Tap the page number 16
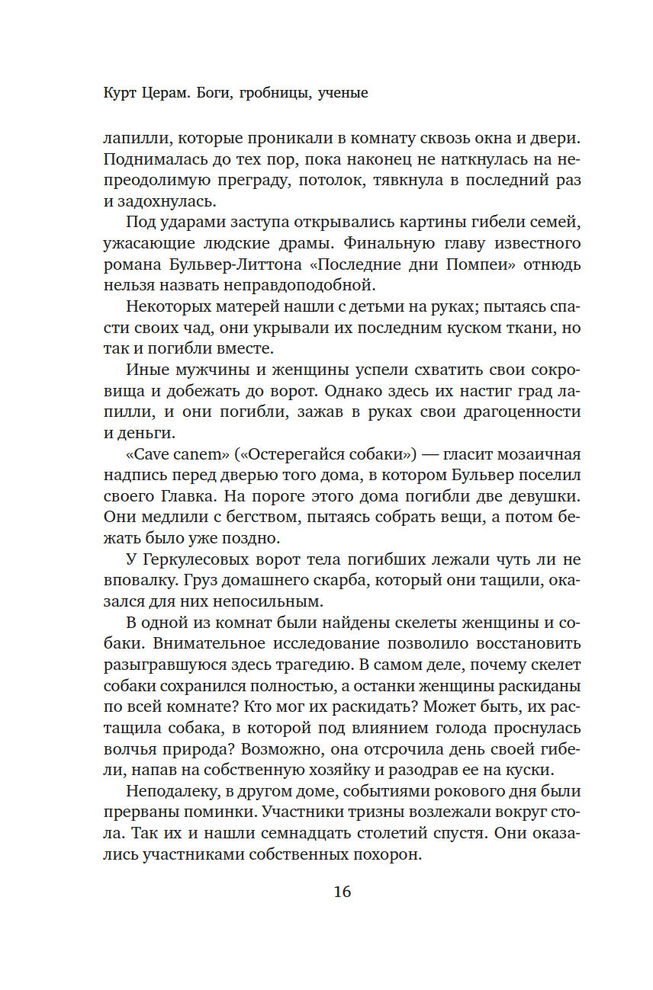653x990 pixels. pos(343,892)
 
